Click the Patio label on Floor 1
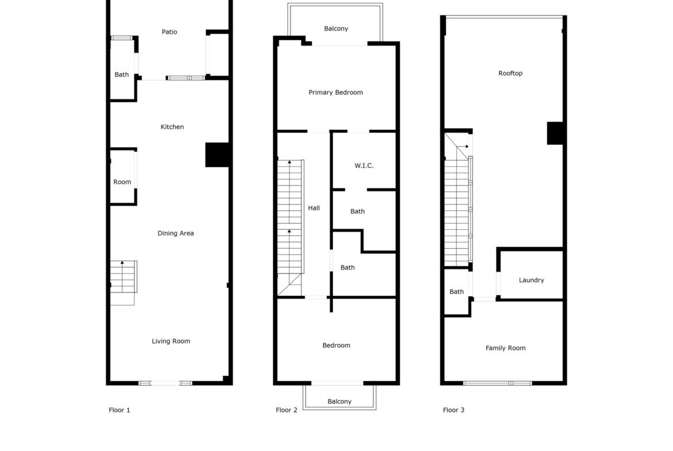point(169,32)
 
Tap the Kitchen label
point(172,127)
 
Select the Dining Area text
point(175,233)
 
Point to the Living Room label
point(171,341)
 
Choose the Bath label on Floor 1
point(121,75)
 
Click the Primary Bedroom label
point(336,92)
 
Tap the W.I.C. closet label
point(364,166)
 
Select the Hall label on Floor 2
point(313,208)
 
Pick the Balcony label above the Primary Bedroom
point(336,29)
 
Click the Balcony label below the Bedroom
point(339,402)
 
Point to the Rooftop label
point(510,74)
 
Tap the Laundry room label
point(531,280)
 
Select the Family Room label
point(506,348)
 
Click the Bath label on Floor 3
point(457,292)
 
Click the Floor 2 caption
point(286,410)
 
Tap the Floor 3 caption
point(454,410)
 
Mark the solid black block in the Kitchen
point(217,155)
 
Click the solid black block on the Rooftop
point(555,133)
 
